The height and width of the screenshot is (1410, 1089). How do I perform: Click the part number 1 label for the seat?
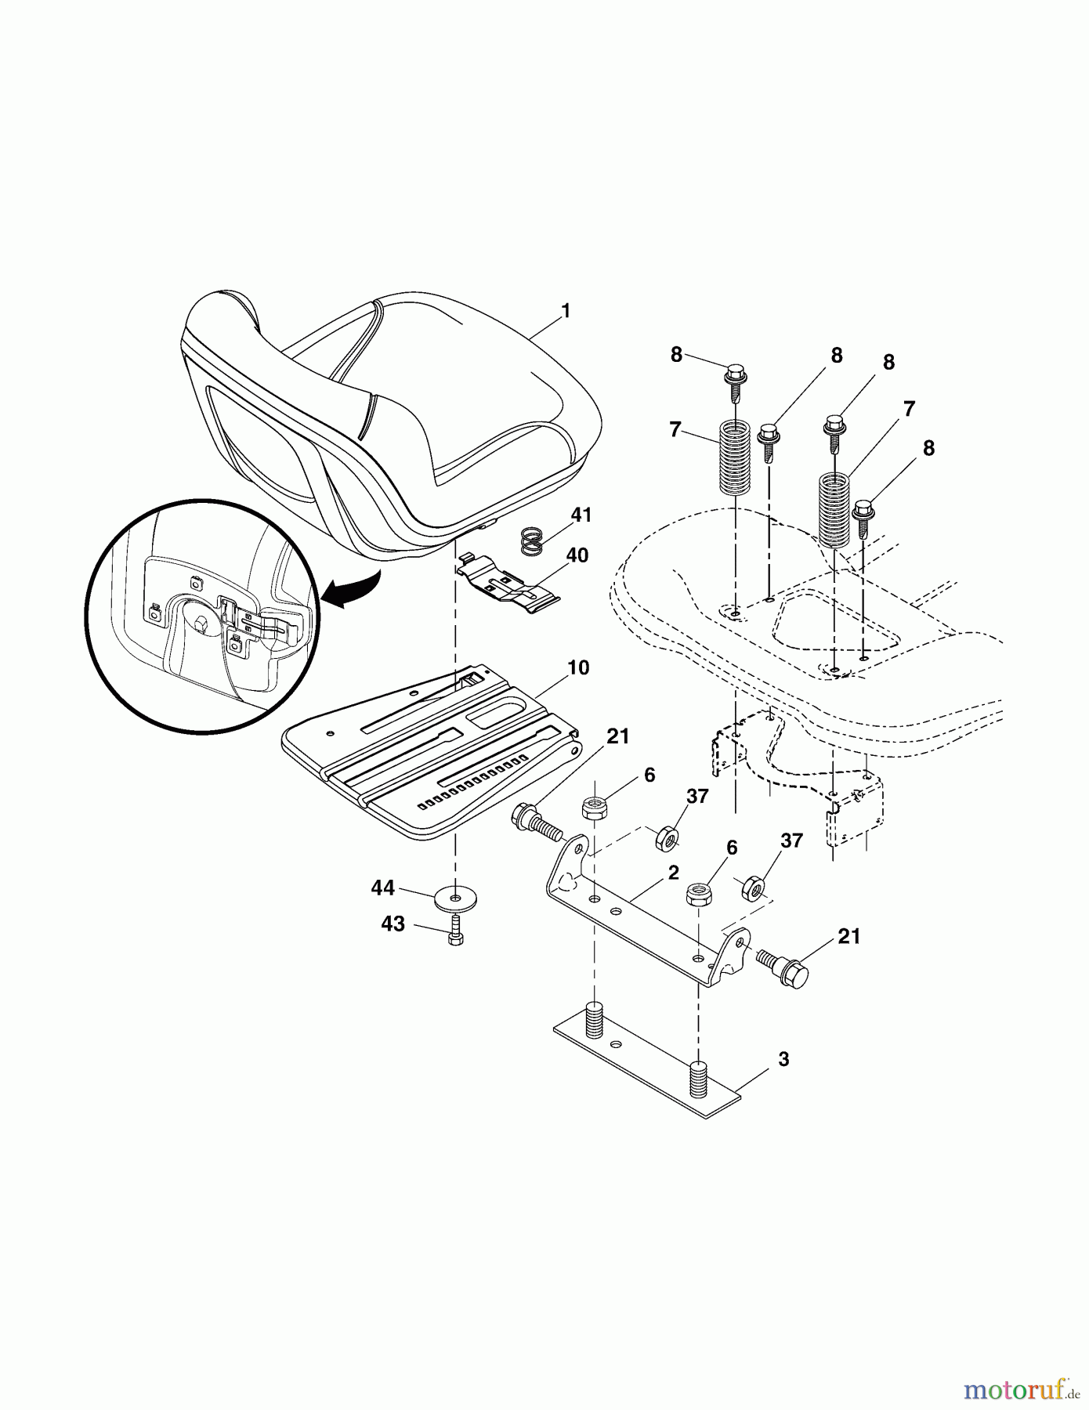pos(566,311)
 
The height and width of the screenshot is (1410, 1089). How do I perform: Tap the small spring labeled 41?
pos(532,541)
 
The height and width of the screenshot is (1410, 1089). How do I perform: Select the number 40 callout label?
pos(577,555)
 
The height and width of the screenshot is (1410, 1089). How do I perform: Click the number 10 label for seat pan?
pos(578,668)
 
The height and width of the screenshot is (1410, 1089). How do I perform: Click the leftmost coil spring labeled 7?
pos(735,457)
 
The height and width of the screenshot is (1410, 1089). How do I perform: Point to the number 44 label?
pos(384,888)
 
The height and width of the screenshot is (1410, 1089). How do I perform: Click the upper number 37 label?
pos(697,797)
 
